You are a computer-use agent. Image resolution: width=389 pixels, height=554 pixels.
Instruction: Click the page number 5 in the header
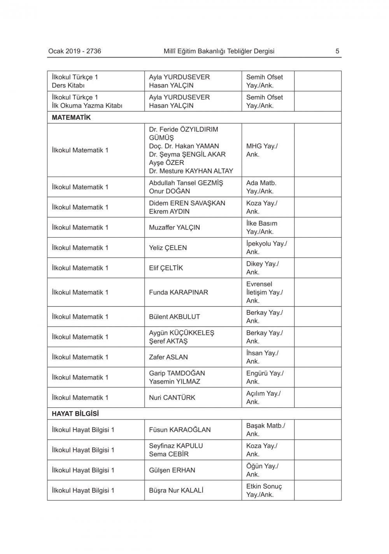pyautogui.click(x=337, y=51)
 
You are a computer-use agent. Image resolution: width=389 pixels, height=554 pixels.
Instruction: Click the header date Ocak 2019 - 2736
pyautogui.click(x=75, y=51)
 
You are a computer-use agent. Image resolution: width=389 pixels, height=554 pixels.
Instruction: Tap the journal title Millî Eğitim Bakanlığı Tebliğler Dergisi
pyautogui.click(x=219, y=51)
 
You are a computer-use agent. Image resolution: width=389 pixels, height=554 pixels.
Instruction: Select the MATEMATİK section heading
pyautogui.click(x=71, y=117)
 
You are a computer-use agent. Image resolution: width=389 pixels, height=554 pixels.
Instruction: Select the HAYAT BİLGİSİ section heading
pyautogui.click(x=75, y=414)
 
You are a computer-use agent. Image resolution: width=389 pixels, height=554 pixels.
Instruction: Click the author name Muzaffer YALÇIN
pyautogui.click(x=174, y=228)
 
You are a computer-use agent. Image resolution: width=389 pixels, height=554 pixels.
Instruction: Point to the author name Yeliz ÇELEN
pyautogui.click(x=168, y=248)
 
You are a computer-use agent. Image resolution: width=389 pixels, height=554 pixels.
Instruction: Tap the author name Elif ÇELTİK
pyautogui.click(x=166, y=268)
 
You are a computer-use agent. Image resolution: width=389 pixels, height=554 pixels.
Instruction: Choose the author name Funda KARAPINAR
pyautogui.click(x=179, y=292)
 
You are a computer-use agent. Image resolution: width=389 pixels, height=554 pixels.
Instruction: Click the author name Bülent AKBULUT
pyautogui.click(x=174, y=317)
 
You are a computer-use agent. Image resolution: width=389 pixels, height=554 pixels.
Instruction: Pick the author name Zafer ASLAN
pyautogui.click(x=168, y=357)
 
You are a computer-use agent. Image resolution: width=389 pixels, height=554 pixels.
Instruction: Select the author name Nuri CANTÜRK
pyautogui.click(x=172, y=398)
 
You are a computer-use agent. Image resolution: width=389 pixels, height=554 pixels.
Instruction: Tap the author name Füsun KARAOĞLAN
pyautogui.click(x=180, y=430)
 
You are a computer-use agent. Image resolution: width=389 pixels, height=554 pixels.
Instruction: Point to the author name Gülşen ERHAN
pyautogui.click(x=172, y=470)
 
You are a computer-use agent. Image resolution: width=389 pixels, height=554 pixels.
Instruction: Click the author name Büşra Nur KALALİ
pyautogui.click(x=176, y=491)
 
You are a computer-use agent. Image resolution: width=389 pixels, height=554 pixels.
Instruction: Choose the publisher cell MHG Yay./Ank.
pyautogui.click(x=262, y=150)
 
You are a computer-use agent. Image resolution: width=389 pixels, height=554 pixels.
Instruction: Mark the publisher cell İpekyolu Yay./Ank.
pyautogui.click(x=266, y=248)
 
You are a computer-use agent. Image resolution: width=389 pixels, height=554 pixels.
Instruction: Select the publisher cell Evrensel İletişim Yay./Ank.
pyautogui.click(x=265, y=292)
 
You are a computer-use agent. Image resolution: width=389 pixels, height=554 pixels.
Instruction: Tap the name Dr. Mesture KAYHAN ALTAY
pyautogui.click(x=191, y=171)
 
